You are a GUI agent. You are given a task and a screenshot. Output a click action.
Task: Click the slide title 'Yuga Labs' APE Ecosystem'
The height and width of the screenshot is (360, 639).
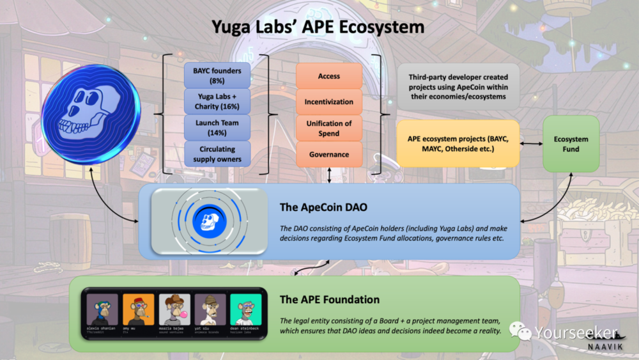[x=318, y=27]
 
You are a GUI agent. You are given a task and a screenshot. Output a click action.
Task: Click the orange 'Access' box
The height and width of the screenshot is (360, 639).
[x=329, y=76]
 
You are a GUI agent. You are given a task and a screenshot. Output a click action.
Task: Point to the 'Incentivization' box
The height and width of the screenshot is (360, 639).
[x=329, y=102]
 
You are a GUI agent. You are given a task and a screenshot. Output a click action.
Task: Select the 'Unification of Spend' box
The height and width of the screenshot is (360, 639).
[x=329, y=128]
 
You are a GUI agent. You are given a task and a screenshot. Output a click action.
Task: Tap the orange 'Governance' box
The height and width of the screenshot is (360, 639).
[x=329, y=154]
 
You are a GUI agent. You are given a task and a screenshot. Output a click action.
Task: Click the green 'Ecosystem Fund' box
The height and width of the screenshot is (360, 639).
[x=571, y=144]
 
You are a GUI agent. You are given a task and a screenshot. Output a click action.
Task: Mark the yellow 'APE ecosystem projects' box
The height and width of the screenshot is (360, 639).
[x=458, y=144]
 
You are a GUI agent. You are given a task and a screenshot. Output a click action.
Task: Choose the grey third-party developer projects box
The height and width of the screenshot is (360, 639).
[x=458, y=86]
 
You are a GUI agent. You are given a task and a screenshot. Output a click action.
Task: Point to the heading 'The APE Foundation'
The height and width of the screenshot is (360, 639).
[x=330, y=299]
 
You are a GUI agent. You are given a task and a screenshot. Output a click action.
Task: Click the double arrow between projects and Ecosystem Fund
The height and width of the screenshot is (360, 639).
[x=530, y=144]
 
